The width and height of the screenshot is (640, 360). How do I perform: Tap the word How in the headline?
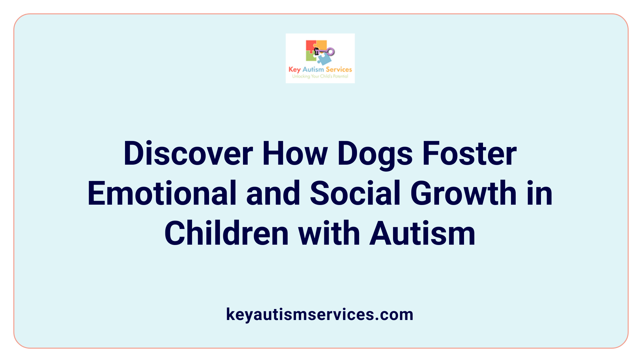(295, 154)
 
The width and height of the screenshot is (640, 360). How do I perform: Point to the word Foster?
(469, 154)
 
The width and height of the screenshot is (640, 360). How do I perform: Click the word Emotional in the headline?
(162, 194)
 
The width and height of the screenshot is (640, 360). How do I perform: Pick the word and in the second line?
(273, 194)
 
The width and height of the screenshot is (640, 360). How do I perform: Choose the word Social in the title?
(355, 194)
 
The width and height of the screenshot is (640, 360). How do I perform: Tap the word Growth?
(463, 194)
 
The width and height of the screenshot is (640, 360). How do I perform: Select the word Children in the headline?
(226, 234)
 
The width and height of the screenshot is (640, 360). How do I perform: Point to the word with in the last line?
(329, 234)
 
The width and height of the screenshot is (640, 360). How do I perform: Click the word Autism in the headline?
(422, 234)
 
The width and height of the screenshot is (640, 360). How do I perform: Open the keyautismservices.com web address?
(320, 314)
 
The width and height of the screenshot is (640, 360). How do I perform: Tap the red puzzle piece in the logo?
(310, 46)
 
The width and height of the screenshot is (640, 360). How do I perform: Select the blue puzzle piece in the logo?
(324, 59)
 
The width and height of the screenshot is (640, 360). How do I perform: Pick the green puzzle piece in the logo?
(311, 57)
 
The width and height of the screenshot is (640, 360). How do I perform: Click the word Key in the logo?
(295, 70)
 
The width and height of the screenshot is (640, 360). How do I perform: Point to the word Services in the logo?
(339, 69)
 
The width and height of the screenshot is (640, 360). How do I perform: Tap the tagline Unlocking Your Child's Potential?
(320, 76)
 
